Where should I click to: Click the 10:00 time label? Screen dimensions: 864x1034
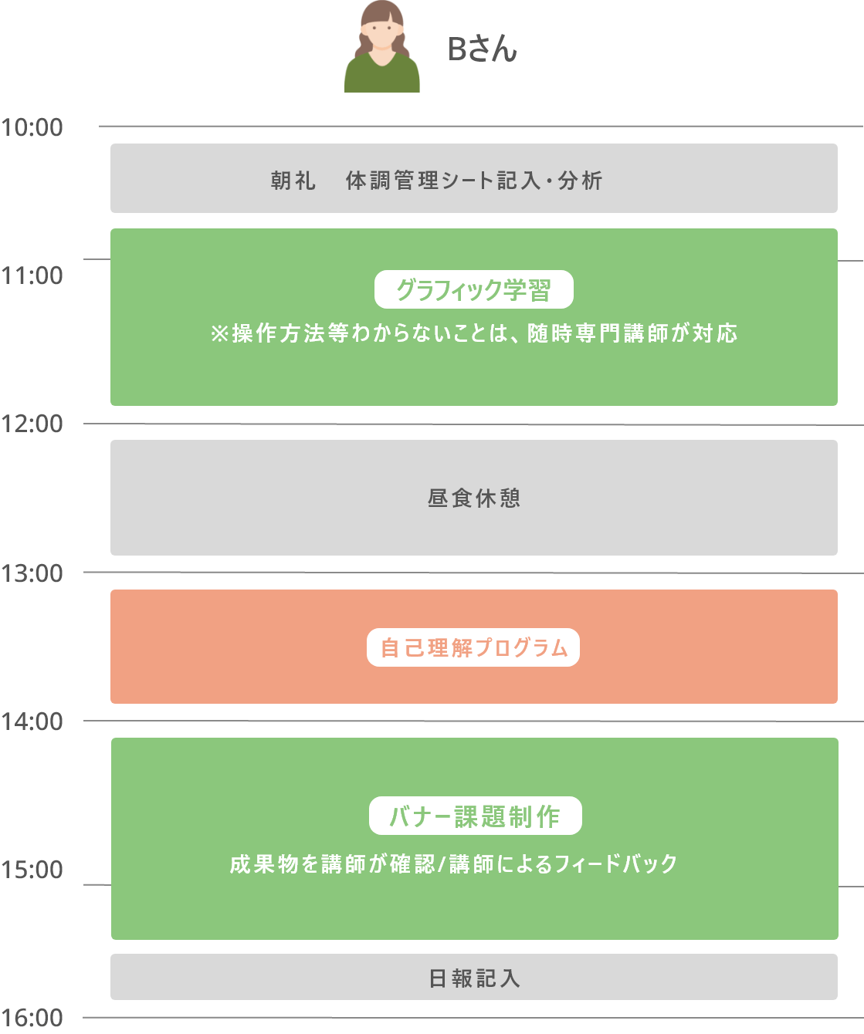pyautogui.click(x=32, y=128)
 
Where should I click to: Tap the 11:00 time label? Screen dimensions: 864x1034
pyautogui.click(x=32, y=275)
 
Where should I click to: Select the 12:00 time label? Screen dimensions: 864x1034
pyautogui.click(x=32, y=424)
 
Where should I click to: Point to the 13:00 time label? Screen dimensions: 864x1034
pyautogui.click(x=32, y=573)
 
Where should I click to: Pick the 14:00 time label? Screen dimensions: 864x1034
pyautogui.click(x=32, y=721)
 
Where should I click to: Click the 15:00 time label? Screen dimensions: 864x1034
pyautogui.click(x=32, y=870)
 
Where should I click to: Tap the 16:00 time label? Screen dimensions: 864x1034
pyautogui.click(x=32, y=1018)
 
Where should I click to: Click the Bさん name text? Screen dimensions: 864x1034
pyautogui.click(x=482, y=49)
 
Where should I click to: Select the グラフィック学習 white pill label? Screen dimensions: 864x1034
pyautogui.click(x=473, y=289)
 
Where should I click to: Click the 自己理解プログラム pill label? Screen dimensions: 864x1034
pyautogui.click(x=473, y=647)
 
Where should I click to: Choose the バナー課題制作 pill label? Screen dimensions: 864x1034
pyautogui.click(x=475, y=816)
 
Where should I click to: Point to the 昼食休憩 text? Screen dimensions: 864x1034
pyautogui.click(x=474, y=498)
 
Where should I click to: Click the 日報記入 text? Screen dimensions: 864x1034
pyautogui.click(x=474, y=978)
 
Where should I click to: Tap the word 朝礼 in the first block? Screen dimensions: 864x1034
pyautogui.click(x=293, y=181)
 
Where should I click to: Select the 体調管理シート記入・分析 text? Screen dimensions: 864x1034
pyautogui.click(x=474, y=181)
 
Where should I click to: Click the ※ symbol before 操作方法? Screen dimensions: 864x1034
pyautogui.click(x=219, y=333)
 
